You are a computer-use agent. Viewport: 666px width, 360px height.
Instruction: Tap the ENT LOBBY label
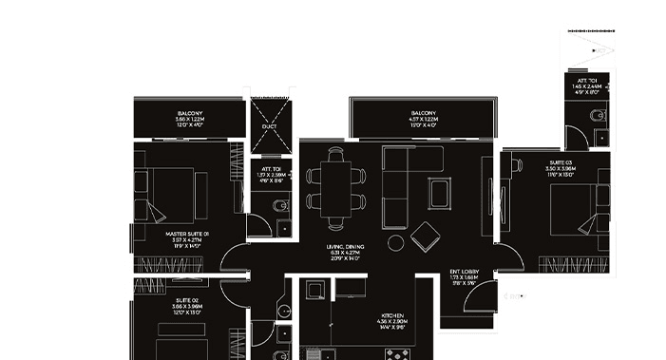click(x=471, y=272)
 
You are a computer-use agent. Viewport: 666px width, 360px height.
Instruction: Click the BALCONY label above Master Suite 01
click(x=190, y=113)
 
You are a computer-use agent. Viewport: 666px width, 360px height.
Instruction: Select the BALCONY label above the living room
click(x=424, y=113)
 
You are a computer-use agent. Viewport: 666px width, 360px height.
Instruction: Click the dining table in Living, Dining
click(x=334, y=188)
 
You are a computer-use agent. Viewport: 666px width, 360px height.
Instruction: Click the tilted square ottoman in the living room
click(x=426, y=236)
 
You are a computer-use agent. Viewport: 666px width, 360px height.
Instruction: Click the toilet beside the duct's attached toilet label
click(x=276, y=208)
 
